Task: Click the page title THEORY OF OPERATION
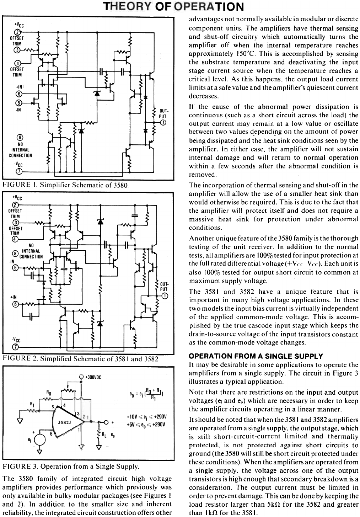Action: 173,7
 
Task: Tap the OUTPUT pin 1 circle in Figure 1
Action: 163,123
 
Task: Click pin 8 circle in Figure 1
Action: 20,138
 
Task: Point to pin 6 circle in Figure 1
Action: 19,94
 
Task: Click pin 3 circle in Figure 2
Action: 15,223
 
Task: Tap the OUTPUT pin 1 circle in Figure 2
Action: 164,296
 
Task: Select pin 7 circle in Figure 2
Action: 16,347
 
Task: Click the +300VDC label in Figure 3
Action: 93,377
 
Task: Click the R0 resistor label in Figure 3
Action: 49,392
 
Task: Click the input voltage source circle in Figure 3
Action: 40,440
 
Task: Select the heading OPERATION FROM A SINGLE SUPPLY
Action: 256,356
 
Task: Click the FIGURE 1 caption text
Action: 65,185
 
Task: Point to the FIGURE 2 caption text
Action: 81,359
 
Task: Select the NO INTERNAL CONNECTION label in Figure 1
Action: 20,150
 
